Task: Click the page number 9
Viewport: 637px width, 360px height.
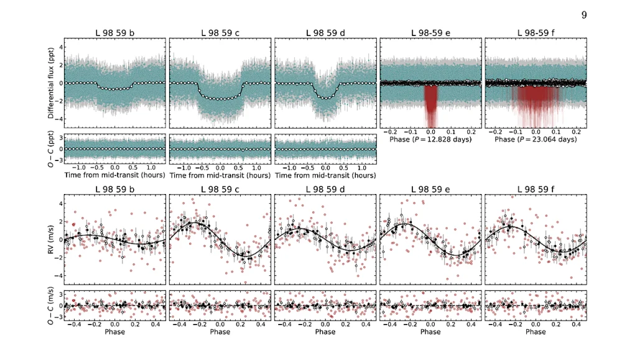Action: (584, 15)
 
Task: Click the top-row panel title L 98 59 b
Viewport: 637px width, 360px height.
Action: (114, 32)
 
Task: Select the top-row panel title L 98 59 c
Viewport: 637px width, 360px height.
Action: (220, 32)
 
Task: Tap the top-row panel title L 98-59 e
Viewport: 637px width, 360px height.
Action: (430, 32)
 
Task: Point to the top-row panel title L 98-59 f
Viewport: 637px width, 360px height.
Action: (536, 32)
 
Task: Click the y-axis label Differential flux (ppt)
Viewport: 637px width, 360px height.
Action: (50, 83)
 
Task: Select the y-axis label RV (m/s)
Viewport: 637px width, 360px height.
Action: (50, 239)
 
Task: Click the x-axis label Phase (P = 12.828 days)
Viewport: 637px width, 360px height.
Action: (430, 139)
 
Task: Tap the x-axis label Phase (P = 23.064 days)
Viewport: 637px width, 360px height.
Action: (536, 139)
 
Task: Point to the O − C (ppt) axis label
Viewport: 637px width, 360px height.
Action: (50, 150)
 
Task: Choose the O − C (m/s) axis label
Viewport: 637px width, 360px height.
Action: (50, 306)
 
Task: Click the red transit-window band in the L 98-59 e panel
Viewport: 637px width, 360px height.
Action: (430, 103)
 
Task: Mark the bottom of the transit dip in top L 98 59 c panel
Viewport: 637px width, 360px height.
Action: (220, 98)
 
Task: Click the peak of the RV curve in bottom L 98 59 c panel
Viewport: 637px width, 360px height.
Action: (195, 223)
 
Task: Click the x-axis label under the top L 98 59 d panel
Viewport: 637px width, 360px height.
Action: (325, 175)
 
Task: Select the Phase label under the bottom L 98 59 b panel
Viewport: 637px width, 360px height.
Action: (114, 331)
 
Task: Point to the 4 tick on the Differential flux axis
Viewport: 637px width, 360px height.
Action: (60, 47)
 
